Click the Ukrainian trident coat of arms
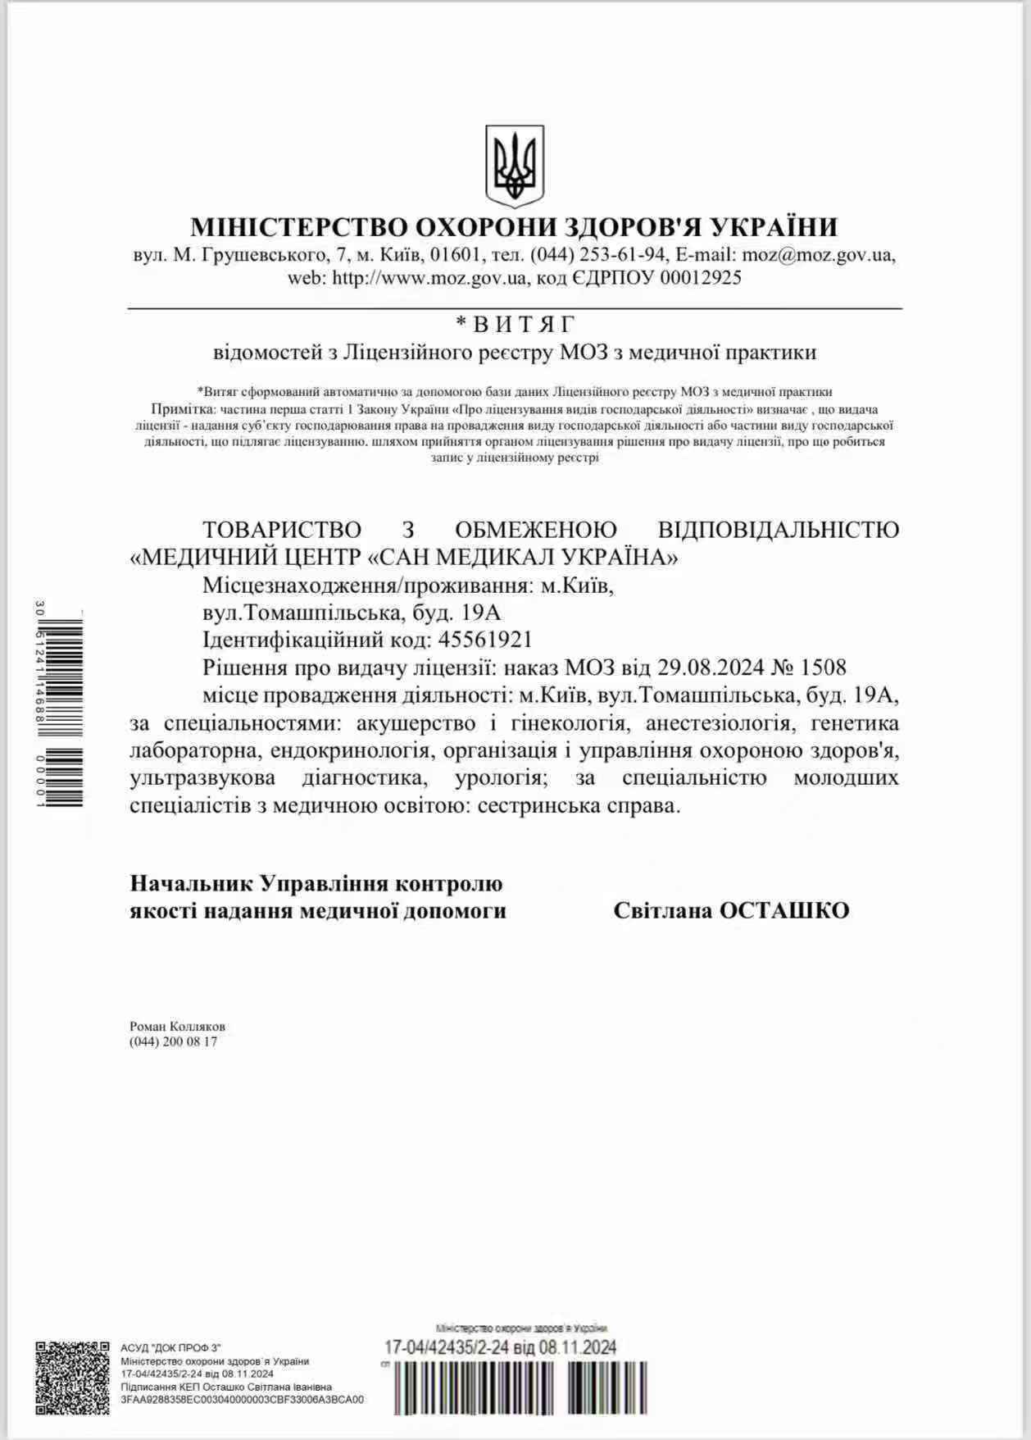click(x=515, y=166)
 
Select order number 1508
click(x=822, y=668)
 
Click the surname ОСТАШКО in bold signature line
click(x=783, y=911)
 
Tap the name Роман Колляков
click(x=177, y=1027)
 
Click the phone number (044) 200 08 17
click(x=173, y=1042)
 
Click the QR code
click(x=72, y=1378)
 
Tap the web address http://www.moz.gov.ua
click(x=428, y=278)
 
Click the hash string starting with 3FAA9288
click(x=242, y=1400)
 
